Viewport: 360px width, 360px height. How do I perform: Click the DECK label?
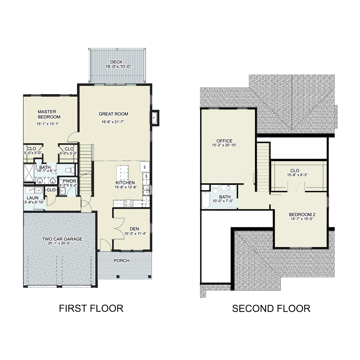tap(116, 62)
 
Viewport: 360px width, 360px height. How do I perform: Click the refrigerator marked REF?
tap(144, 167)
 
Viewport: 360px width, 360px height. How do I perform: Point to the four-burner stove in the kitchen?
tap(128, 203)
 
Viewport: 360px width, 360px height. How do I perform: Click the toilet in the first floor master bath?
tap(69, 170)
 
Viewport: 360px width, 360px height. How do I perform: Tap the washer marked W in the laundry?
tap(38, 190)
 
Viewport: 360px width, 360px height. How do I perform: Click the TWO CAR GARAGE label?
tap(62, 239)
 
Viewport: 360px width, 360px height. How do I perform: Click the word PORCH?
tap(121, 260)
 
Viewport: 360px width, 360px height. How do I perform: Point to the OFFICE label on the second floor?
tap(224, 141)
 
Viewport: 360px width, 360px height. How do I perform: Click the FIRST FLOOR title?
tap(91, 308)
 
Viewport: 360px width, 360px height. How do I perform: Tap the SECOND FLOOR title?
tap(271, 308)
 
